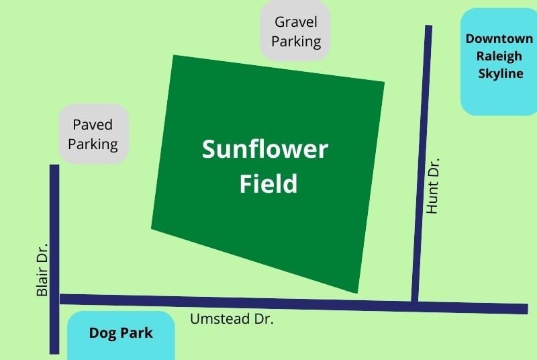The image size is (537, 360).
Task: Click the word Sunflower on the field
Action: point(265,149)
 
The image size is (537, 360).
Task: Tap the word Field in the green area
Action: point(268,183)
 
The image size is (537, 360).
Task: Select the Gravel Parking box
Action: point(295,31)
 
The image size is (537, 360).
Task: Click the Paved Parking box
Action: point(93,134)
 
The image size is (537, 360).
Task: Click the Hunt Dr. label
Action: point(432,185)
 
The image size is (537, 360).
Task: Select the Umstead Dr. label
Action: point(232,319)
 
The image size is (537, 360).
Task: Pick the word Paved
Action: point(93,125)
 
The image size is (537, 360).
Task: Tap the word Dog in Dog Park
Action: point(102,333)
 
